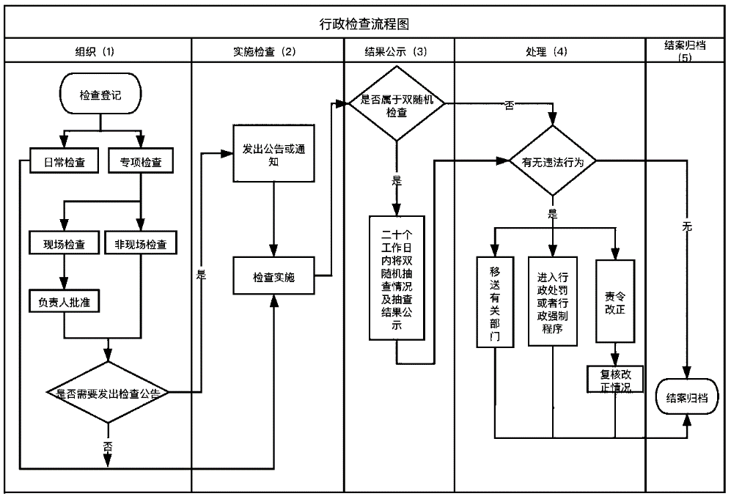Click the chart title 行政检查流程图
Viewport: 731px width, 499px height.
click(x=364, y=23)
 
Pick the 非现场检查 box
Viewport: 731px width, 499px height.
click(x=140, y=245)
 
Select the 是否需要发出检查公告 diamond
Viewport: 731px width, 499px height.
click(x=108, y=393)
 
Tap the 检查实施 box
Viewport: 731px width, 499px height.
click(x=274, y=278)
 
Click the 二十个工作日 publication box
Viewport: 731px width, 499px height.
click(x=397, y=278)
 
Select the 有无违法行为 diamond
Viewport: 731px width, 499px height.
click(x=552, y=161)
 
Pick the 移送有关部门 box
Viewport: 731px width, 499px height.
click(x=496, y=300)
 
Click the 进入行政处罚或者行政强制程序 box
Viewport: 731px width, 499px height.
click(x=554, y=300)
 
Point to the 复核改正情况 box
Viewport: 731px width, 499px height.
click(x=614, y=379)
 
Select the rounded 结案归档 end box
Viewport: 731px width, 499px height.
click(x=686, y=398)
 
